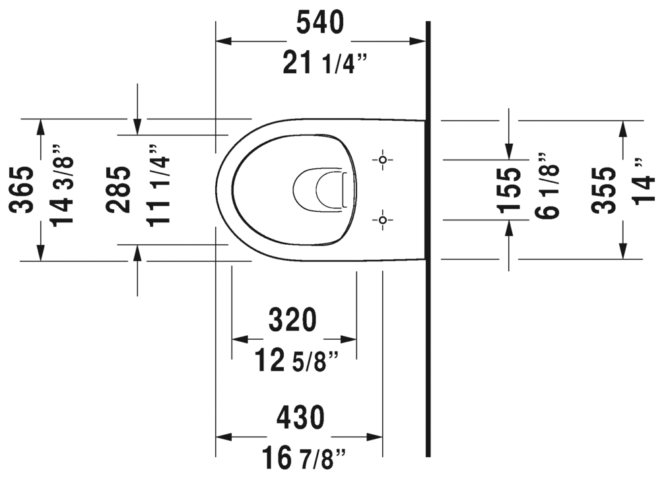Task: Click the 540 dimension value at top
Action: point(320,23)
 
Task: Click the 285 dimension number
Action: point(119,190)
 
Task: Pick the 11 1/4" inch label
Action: point(159,186)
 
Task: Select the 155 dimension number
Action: point(510,190)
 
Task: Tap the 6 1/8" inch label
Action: point(547,186)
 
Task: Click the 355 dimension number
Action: point(604,190)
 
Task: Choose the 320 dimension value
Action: point(293,321)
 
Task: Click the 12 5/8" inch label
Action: point(297,362)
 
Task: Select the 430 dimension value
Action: point(300,418)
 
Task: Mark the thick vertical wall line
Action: point(428,264)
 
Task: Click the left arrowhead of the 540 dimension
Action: point(223,41)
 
